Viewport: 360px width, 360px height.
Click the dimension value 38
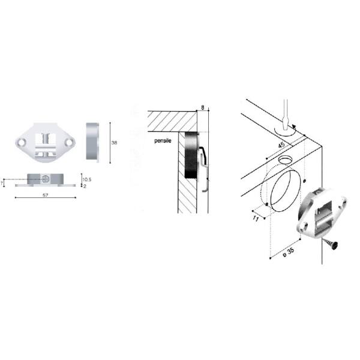[x=114, y=143]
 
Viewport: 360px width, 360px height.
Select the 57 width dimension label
[x=46, y=195]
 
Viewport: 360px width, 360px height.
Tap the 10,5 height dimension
[x=87, y=179]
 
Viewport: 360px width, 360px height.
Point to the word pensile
[x=163, y=140]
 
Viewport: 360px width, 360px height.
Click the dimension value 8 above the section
[x=203, y=107]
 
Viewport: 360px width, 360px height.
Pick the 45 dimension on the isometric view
[x=281, y=145]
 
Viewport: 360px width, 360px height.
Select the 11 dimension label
[x=256, y=218]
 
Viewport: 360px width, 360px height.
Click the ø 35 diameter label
[x=289, y=252]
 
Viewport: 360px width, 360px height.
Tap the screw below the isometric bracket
[x=330, y=243]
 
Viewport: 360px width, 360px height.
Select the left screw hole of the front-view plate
[x=22, y=143]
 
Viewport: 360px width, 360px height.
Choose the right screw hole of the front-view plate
[x=68, y=143]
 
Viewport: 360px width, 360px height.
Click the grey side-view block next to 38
[x=92, y=141]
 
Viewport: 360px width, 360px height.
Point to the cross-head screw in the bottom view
[x=45, y=179]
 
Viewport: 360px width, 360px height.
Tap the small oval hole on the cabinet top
[x=285, y=160]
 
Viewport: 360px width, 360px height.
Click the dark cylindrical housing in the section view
[x=191, y=155]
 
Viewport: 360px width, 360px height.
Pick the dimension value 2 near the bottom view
[x=85, y=186]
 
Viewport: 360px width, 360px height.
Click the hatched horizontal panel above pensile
[x=172, y=121]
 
